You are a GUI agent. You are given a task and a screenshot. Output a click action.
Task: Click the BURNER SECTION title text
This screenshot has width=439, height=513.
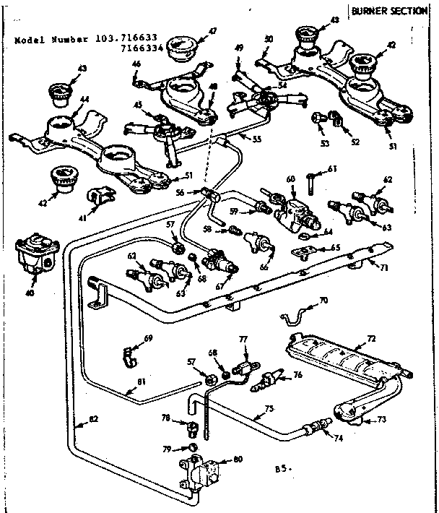394,11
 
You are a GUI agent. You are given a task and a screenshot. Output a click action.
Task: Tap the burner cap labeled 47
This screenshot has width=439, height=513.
181,51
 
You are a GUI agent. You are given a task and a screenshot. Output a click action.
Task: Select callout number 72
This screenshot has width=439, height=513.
371,339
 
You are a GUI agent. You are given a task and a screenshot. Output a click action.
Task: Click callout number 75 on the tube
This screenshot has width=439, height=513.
269,409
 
